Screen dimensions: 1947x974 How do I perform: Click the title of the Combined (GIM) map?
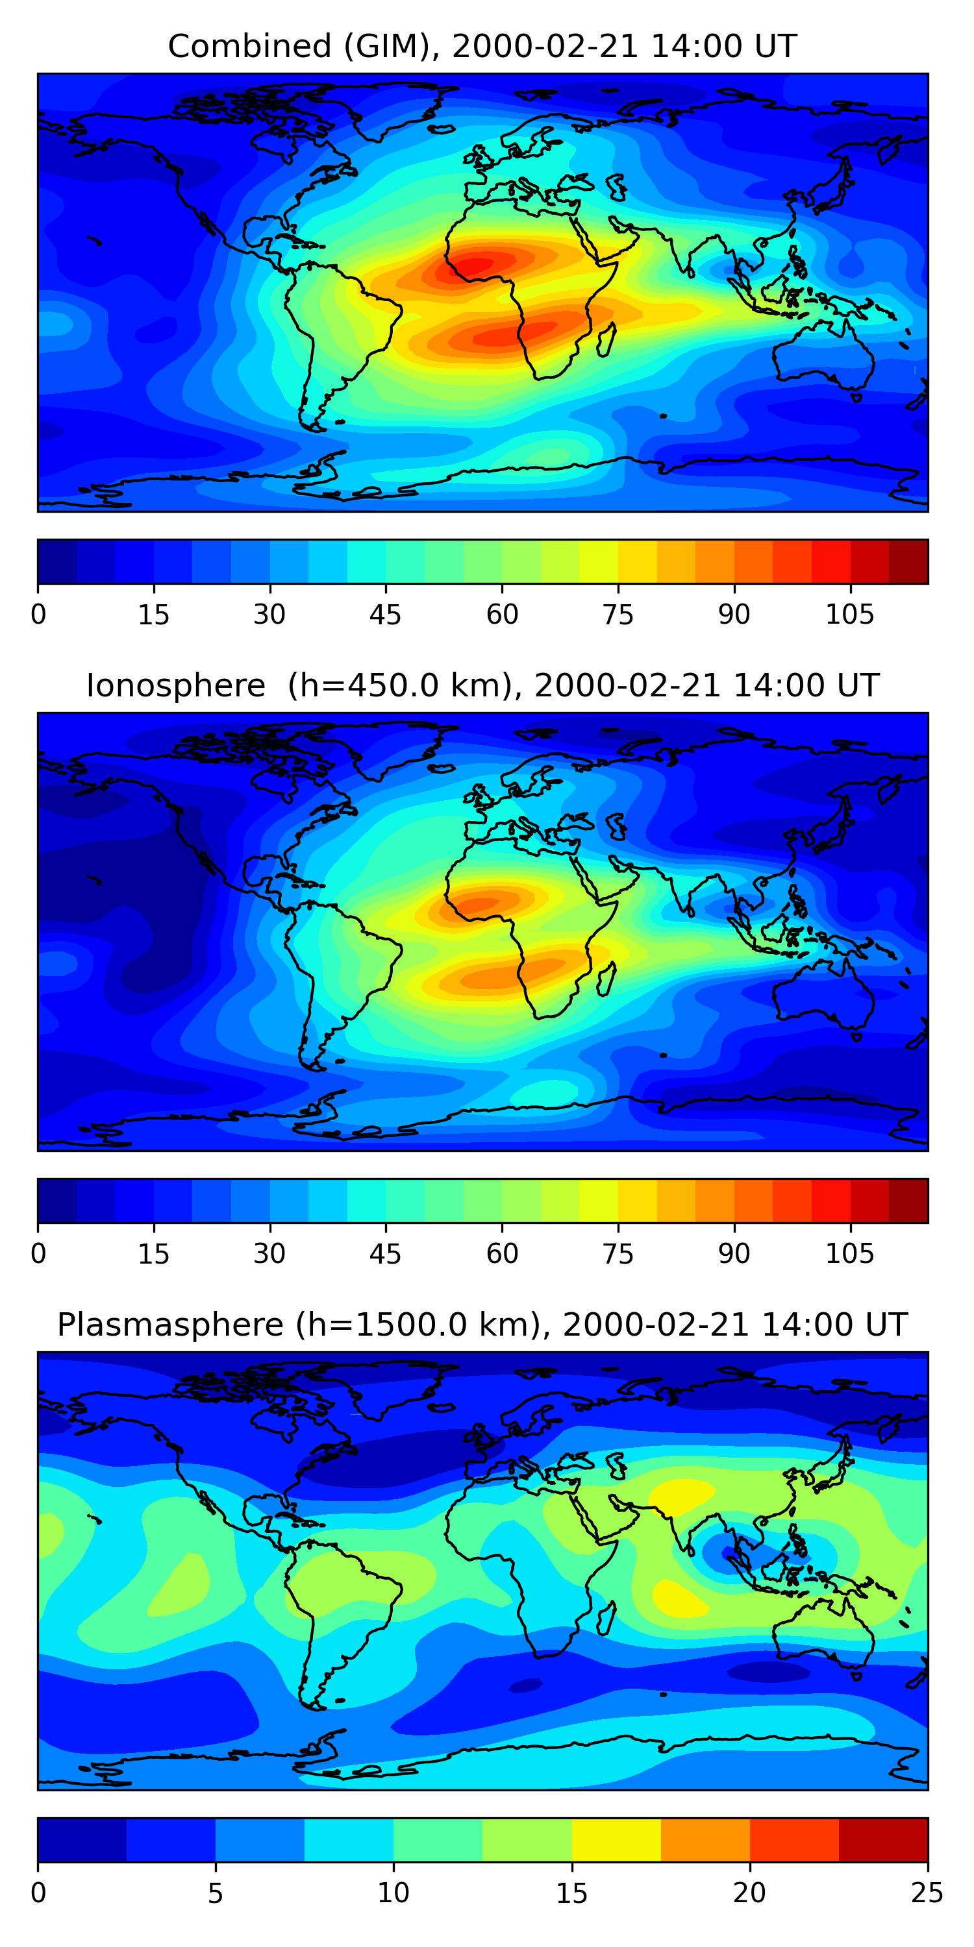[x=482, y=46]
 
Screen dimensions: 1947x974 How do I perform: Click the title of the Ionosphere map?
[x=482, y=685]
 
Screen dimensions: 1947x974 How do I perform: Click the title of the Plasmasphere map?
[x=482, y=1325]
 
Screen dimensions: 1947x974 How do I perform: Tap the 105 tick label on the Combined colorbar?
[x=849, y=615]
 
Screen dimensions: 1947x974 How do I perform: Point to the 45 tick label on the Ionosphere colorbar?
[x=385, y=1254]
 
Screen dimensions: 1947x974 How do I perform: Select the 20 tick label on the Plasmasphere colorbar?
[x=749, y=1892]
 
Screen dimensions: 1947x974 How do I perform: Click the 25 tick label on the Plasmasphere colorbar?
[x=927, y=1892]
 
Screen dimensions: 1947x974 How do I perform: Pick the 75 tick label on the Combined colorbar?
[x=618, y=615]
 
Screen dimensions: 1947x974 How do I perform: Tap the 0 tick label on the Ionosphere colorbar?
[x=38, y=1254]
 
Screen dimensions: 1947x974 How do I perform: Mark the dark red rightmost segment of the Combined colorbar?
[x=908, y=561]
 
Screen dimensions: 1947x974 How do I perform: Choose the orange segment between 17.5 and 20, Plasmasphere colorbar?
[x=705, y=1840]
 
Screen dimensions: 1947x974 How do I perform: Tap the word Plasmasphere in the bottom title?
[x=170, y=1325]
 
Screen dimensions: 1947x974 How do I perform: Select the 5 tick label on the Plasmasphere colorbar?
[x=216, y=1892]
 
